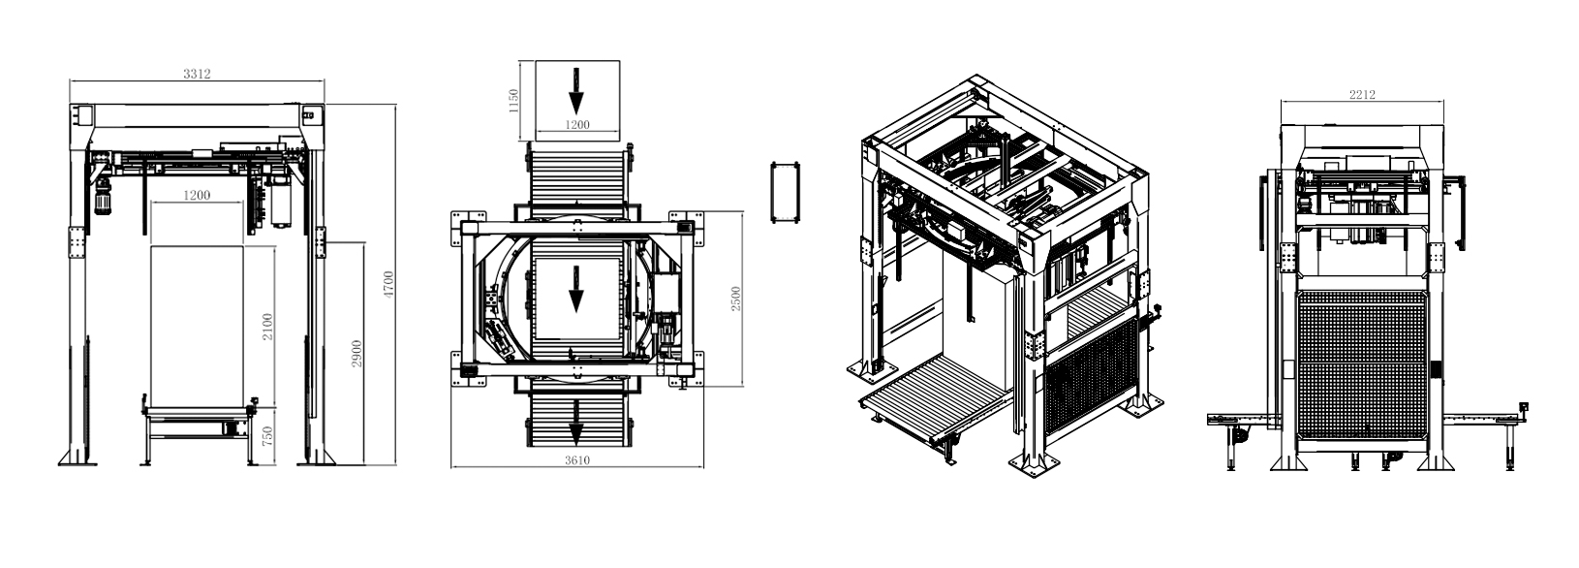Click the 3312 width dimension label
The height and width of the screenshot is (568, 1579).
[198, 74]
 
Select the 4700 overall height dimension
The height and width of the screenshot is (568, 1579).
[388, 283]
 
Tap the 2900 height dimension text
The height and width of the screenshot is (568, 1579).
[357, 354]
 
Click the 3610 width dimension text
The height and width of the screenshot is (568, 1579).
[577, 460]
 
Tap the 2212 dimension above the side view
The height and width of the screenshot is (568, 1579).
[1363, 95]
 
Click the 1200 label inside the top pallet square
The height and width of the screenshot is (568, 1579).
[577, 124]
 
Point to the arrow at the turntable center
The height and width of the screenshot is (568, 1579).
[576, 289]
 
